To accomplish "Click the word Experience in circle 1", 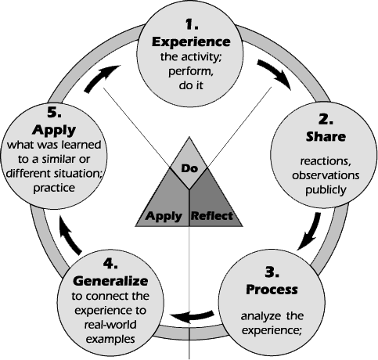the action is point(191,41).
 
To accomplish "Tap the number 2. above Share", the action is point(326,120).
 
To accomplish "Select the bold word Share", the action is point(326,136).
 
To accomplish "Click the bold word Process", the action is point(272,290).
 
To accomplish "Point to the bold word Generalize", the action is point(110,281).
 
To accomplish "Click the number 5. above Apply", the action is point(54,113).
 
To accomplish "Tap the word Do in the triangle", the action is point(189,168).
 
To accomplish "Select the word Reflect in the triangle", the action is point(212,216).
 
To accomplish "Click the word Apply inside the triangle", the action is point(164,216).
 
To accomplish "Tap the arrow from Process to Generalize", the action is point(192,315).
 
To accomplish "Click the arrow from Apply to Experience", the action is point(100,77).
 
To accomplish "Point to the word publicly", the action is point(326,190).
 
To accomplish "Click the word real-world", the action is point(110,325).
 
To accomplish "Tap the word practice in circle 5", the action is point(54,188).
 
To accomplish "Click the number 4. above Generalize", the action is point(110,264).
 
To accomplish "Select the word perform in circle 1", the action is point(191,71).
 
